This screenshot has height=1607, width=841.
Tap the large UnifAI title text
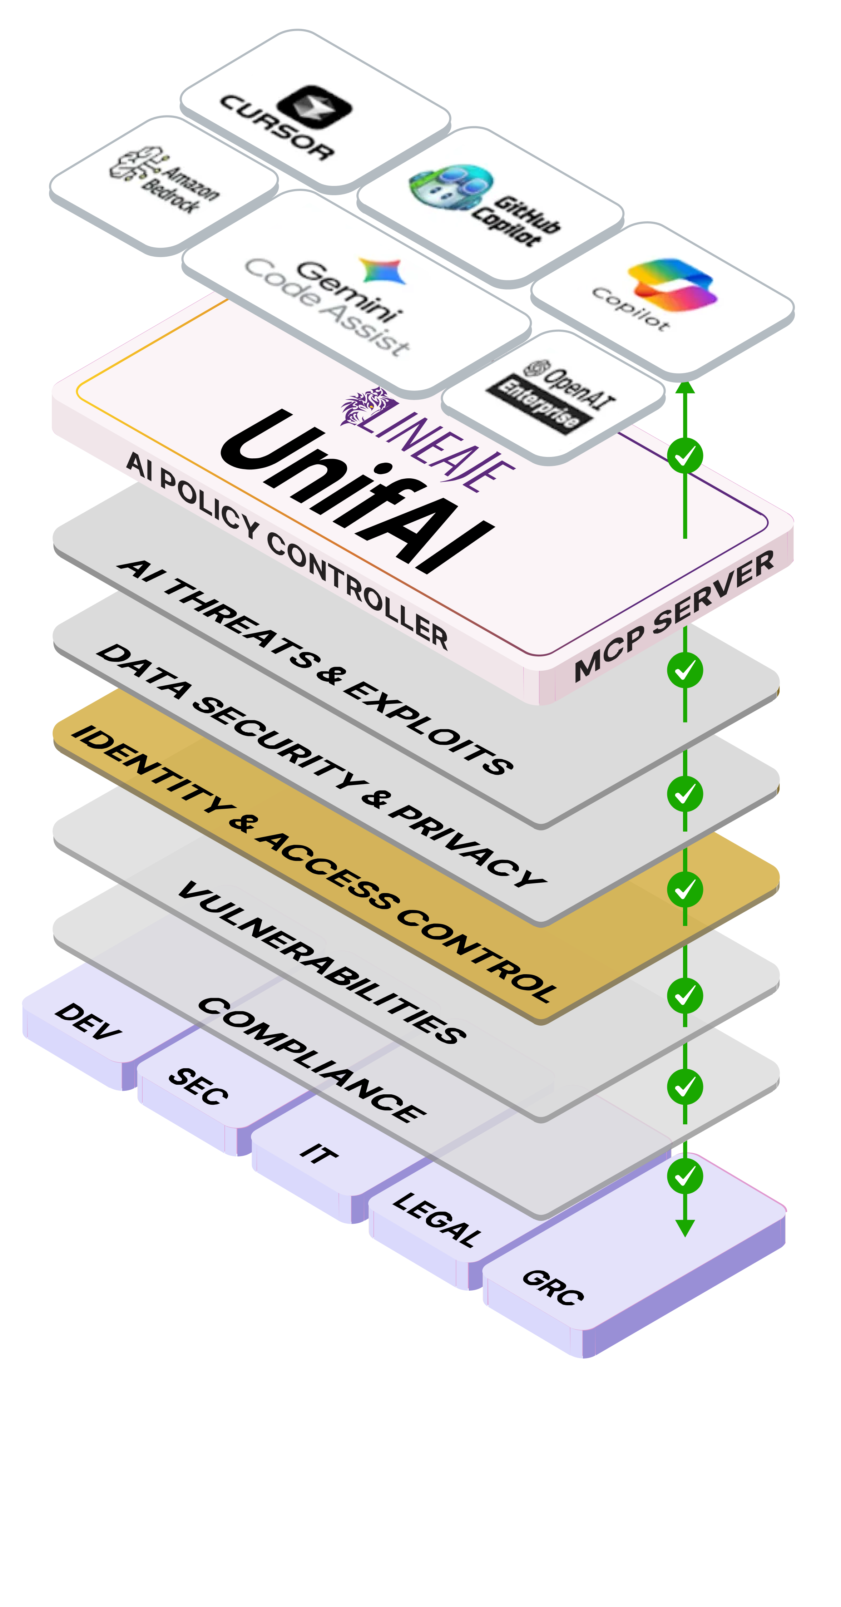pyautogui.click(x=356, y=493)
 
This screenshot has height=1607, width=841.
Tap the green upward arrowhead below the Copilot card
pyautogui.click(x=685, y=388)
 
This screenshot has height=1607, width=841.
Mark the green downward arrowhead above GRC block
pyautogui.click(x=685, y=1228)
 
